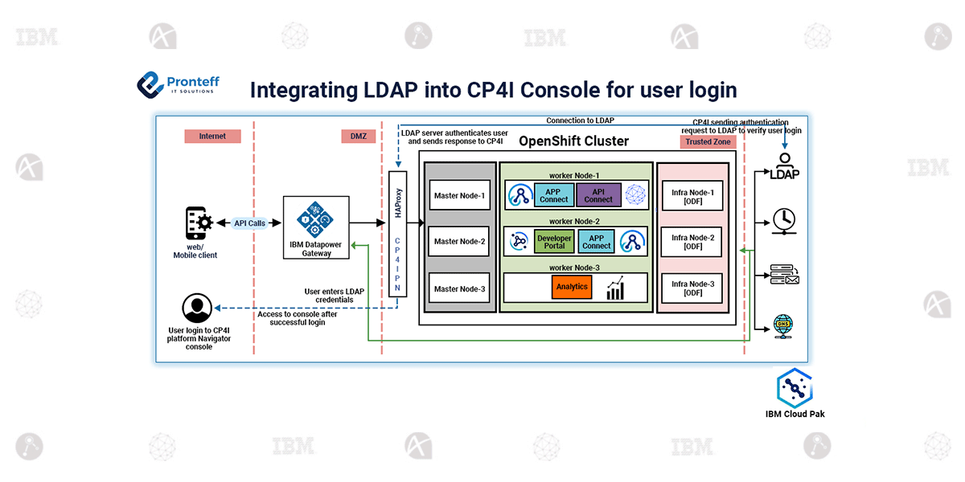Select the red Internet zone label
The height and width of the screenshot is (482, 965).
click(x=212, y=137)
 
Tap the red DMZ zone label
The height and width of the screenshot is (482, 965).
click(x=358, y=137)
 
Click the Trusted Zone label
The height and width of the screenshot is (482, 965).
click(x=708, y=142)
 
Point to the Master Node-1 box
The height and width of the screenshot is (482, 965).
click(x=459, y=195)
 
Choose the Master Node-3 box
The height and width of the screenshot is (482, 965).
click(x=459, y=288)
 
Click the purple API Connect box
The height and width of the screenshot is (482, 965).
click(x=598, y=195)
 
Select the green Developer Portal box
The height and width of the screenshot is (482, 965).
click(x=554, y=242)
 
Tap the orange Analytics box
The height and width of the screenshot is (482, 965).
click(x=572, y=287)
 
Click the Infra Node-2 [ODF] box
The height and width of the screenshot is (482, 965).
click(x=692, y=242)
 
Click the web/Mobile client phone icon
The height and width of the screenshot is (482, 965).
click(x=199, y=223)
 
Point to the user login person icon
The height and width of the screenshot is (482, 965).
click(x=197, y=308)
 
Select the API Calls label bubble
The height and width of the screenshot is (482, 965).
click(x=250, y=223)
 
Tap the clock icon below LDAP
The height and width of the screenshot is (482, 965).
click(x=783, y=219)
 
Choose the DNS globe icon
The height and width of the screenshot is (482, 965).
click(x=783, y=325)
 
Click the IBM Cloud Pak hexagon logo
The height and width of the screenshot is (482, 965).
click(x=795, y=389)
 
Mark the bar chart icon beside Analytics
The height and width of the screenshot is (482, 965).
click(x=616, y=288)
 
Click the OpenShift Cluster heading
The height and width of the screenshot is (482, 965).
click(x=573, y=142)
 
